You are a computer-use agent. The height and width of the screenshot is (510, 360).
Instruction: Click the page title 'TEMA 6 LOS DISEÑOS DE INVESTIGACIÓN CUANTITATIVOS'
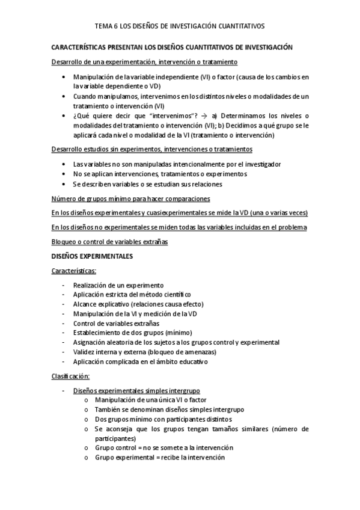(180, 26)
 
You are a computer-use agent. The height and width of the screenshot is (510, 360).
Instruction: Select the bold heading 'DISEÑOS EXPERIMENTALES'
(93, 256)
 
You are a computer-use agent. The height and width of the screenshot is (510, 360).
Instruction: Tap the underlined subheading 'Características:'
(78, 271)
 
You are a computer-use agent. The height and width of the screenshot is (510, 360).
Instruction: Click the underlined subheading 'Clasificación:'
(71, 376)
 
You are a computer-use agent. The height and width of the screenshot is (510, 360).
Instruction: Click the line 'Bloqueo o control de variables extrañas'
(109, 242)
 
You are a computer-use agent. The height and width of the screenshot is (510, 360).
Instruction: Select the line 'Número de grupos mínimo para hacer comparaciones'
(130, 198)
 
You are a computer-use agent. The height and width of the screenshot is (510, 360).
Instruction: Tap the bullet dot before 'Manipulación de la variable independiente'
(65, 78)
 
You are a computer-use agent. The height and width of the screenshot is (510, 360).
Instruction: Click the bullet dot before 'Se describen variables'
(65, 183)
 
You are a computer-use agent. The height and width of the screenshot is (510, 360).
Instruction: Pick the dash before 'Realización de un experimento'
(64, 285)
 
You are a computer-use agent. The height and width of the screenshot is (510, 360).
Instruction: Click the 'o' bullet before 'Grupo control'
(88, 447)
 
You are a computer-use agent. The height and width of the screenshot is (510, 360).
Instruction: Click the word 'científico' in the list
(174, 295)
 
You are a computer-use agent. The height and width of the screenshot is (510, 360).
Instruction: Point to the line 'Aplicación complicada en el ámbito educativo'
(140, 361)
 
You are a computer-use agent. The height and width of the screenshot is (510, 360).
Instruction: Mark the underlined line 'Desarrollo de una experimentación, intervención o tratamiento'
(145, 62)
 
